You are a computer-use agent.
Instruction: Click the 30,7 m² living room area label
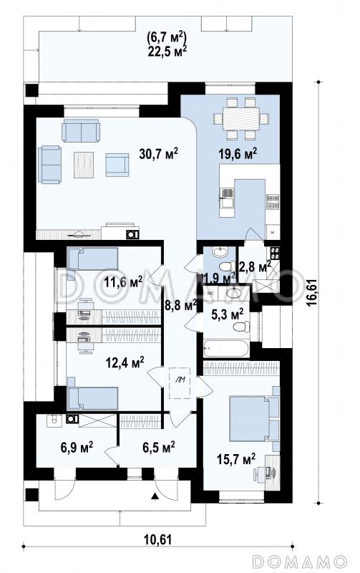[x=158, y=155]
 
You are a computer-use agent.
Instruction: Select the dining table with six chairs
[x=241, y=118]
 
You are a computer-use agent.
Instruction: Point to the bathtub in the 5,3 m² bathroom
[x=226, y=348]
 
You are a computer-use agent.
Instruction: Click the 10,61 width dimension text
[x=159, y=539]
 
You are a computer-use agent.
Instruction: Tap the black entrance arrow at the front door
[x=155, y=496]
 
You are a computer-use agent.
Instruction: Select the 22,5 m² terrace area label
[x=167, y=51]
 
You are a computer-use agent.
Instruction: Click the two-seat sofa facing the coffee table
[x=81, y=132]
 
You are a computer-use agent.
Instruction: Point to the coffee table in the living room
[x=84, y=165]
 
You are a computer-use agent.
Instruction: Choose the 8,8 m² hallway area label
[x=181, y=305]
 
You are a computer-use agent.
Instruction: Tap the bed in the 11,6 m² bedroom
[x=93, y=259]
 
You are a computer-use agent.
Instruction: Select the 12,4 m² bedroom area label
[x=125, y=362]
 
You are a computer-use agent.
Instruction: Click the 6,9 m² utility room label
[x=76, y=446]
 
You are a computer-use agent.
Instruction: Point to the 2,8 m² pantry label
[x=254, y=266]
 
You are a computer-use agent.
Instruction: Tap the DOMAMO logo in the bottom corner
[x=299, y=561]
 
